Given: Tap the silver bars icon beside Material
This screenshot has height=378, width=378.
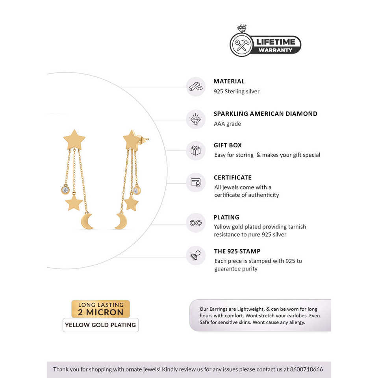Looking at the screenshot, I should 196,87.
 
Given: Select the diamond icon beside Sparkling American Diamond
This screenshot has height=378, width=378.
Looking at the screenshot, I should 196,119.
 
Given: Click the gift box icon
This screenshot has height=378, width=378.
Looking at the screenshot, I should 196,150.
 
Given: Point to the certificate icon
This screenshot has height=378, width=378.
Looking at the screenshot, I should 196,182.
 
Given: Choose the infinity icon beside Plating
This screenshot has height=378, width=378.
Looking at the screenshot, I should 196,223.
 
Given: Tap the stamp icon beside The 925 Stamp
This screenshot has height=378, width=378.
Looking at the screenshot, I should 196,255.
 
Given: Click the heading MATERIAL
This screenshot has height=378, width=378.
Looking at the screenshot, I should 229,82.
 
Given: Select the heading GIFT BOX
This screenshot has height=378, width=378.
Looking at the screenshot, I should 228,145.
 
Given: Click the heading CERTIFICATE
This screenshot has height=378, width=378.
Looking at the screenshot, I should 232,178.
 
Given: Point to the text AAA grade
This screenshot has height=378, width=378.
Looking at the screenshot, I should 227,124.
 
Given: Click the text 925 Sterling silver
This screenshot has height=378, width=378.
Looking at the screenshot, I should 236,91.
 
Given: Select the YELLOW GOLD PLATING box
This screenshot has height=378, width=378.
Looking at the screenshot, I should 100,325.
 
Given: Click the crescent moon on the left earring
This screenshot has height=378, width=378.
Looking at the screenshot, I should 88,221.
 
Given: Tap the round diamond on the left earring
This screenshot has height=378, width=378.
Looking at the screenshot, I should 65,190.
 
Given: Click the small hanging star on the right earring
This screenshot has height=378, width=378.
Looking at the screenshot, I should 131,203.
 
